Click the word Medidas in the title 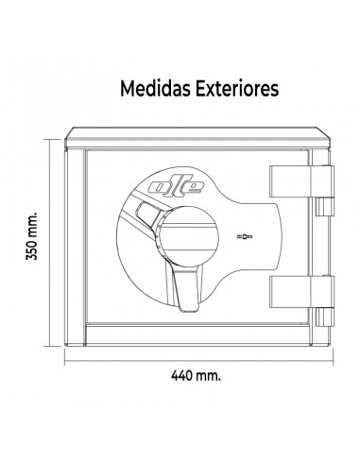click(x=155, y=89)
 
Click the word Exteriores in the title click(x=237, y=89)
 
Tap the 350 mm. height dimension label click(x=31, y=235)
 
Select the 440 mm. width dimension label click(x=196, y=375)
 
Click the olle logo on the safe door click(x=177, y=186)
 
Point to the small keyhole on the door click(x=245, y=236)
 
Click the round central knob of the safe click(x=188, y=236)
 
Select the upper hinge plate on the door click(x=301, y=181)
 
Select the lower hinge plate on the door click(x=301, y=292)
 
